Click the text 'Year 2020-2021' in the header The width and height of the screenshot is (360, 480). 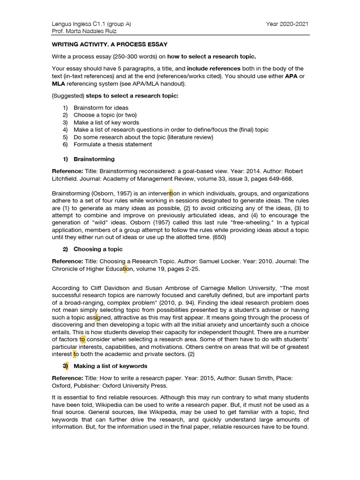(287, 24)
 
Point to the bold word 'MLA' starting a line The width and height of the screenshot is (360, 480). (59, 84)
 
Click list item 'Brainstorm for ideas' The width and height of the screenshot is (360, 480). (101, 108)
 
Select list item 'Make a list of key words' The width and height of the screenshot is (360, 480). (106, 122)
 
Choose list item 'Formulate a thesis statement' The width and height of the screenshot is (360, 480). (112, 144)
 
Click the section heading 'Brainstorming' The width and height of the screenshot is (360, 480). (94, 159)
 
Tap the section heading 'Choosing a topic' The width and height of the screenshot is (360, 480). (98, 249)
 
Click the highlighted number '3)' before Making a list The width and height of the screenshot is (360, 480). (65, 366)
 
